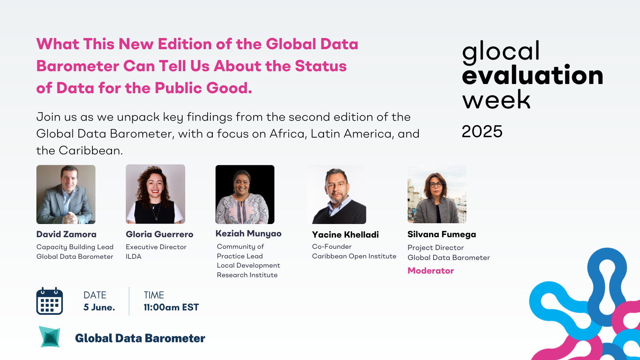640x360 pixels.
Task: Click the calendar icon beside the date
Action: click(x=50, y=301)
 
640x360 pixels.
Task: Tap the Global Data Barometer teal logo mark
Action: click(x=50, y=337)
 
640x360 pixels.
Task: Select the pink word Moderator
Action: click(x=430, y=270)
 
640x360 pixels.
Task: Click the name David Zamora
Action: click(x=66, y=234)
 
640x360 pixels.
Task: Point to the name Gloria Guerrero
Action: click(x=160, y=234)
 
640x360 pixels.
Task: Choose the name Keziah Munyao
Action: click(x=248, y=234)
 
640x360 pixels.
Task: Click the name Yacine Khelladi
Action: click(x=345, y=234)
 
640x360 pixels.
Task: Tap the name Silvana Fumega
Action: click(x=442, y=234)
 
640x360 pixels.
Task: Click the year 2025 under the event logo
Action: click(x=482, y=132)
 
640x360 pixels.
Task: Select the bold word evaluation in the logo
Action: click(x=532, y=75)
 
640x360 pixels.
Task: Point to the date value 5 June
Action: click(x=99, y=307)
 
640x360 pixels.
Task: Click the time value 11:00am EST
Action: click(x=171, y=307)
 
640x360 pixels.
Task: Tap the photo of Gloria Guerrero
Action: click(x=156, y=194)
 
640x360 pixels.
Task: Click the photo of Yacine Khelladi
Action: click(x=336, y=194)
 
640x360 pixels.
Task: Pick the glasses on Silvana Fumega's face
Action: click(x=436, y=185)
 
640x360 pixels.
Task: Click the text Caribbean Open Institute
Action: click(x=354, y=256)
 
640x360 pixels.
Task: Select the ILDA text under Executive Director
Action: click(x=134, y=256)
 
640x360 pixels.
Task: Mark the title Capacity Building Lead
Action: click(x=75, y=247)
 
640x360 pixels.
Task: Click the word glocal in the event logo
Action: click(x=500, y=51)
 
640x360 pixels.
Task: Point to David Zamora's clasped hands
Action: click(x=72, y=218)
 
